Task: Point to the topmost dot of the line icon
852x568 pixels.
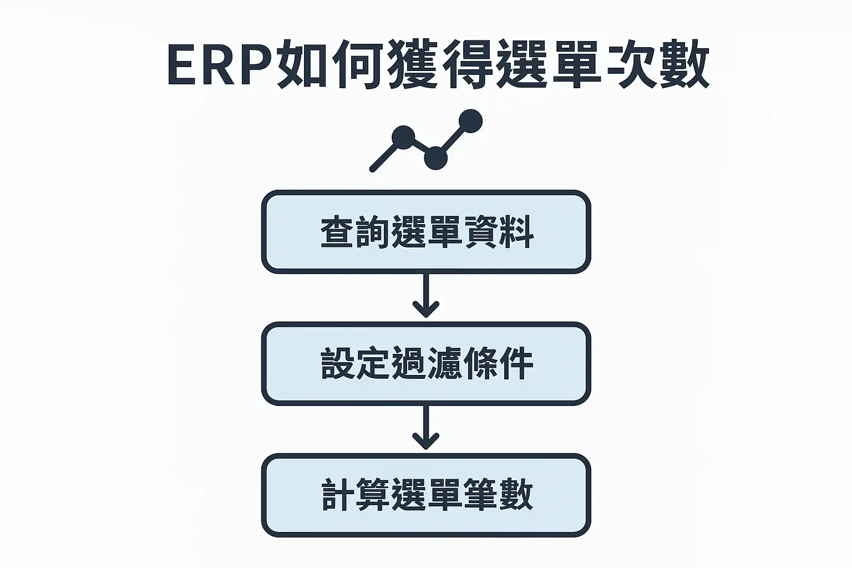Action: tap(470, 120)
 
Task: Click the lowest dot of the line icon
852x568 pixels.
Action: tap(435, 158)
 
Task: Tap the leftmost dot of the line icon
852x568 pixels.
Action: tap(403, 137)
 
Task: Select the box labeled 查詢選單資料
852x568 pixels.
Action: tap(426, 232)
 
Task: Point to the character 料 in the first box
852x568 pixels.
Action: tap(516, 232)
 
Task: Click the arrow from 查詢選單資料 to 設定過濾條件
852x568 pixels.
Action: tap(426, 296)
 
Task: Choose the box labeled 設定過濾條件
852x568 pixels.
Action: tap(426, 363)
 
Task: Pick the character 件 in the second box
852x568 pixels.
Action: tap(516, 363)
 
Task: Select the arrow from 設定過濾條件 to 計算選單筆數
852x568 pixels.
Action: tap(426, 428)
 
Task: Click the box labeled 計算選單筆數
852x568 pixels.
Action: tap(426, 495)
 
